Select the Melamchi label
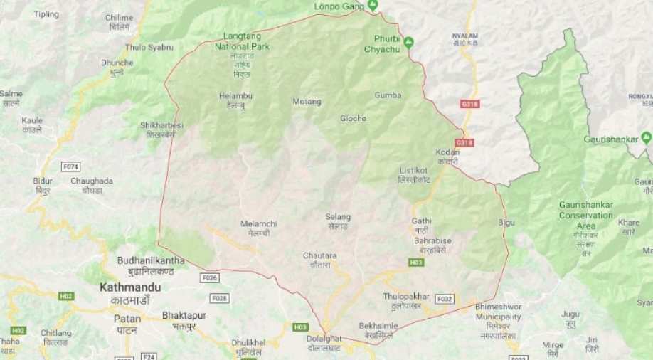coord(259,223)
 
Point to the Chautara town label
coord(319,255)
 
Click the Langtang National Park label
coord(243,41)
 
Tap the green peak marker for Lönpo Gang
coord(372,6)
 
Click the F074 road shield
coord(71,166)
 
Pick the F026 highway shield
coord(210,277)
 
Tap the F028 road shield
coord(219,298)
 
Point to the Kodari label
coord(447,152)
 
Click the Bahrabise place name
coord(432,240)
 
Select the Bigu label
coord(506,223)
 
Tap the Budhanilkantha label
coord(151,260)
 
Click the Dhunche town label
coord(117,63)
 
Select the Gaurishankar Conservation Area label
coord(585,215)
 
